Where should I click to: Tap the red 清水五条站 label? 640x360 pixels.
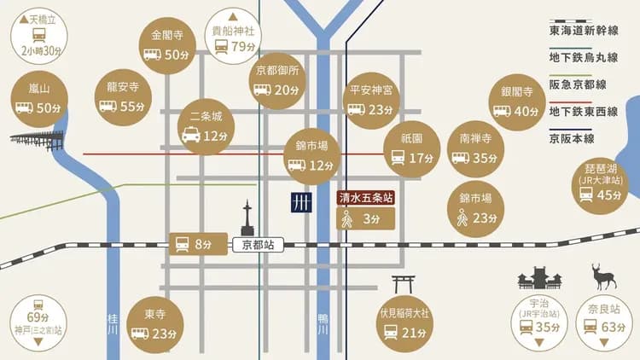pos(365,199)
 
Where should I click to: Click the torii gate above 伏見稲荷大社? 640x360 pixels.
pos(404,285)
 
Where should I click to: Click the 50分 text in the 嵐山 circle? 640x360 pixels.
pos(49,107)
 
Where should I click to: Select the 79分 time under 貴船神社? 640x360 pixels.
pos(243,46)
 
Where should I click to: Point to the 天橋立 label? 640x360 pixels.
pos(39,18)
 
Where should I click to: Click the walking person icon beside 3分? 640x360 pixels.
pos(347,219)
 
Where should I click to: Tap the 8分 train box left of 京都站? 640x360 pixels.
pos(199,245)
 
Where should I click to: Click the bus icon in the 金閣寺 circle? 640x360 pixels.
pos(152,55)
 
